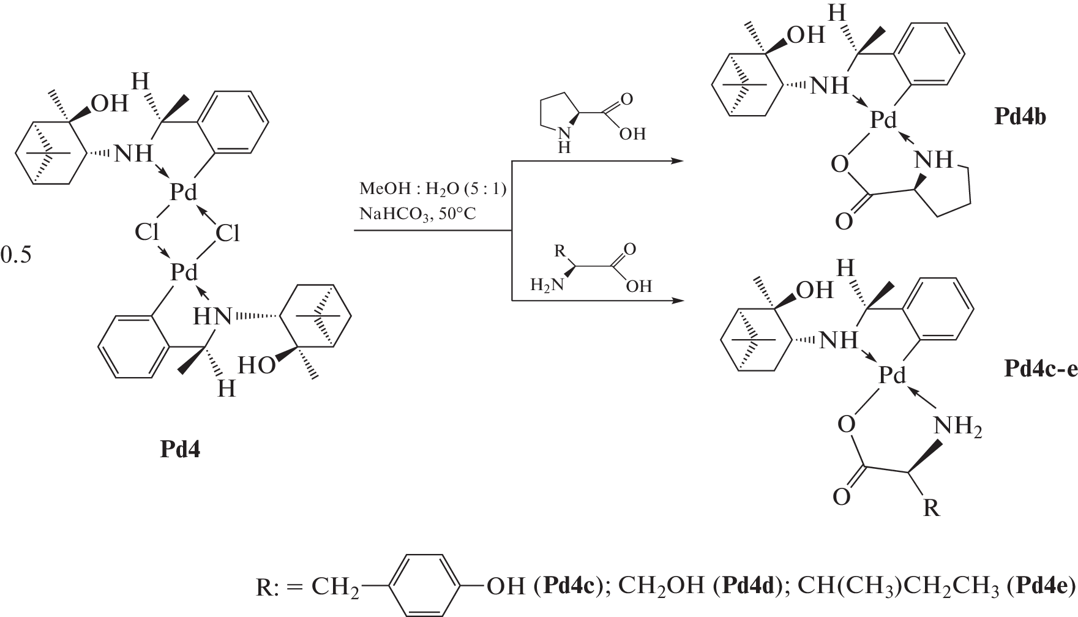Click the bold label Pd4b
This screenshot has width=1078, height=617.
(x=1019, y=117)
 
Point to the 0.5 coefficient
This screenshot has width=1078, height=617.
(x=15, y=255)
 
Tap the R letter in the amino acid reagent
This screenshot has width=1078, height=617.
(x=558, y=250)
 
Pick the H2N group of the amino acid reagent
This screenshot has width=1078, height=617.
(x=546, y=286)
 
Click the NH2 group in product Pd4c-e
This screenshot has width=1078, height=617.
(x=957, y=426)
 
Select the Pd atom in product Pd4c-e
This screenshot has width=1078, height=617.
(x=891, y=375)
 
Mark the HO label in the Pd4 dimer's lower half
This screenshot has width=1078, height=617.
(x=255, y=365)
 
